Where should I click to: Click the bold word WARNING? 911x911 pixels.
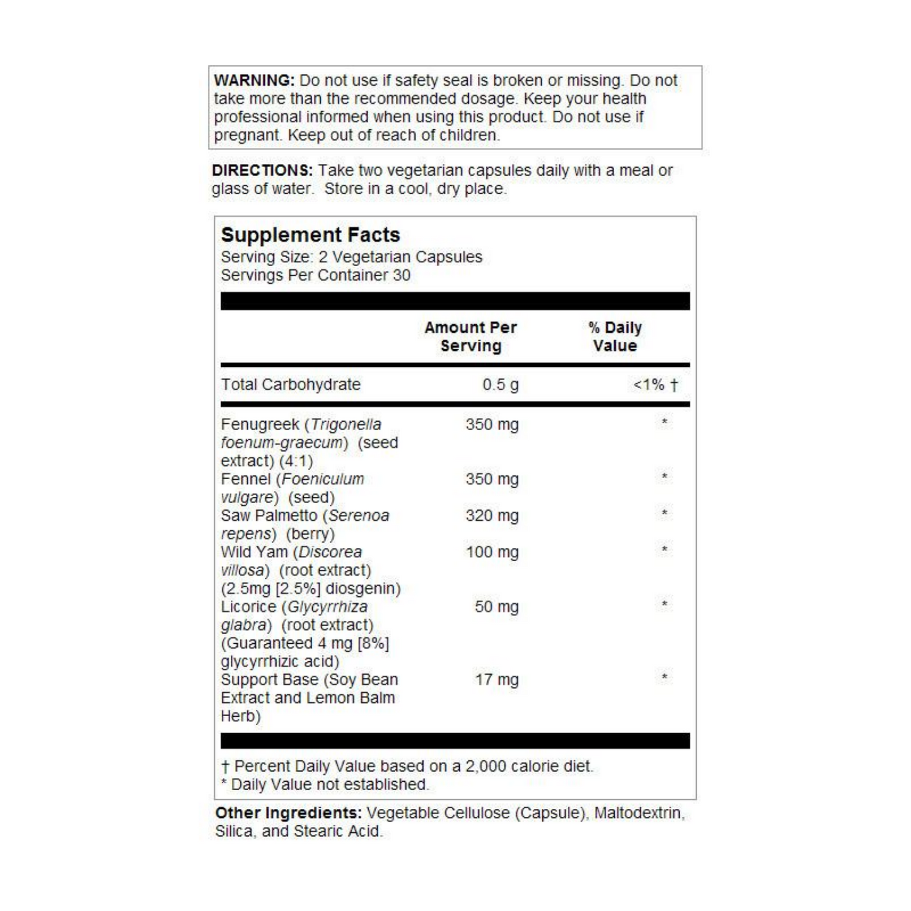254,81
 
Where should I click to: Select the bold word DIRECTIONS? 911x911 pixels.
262,170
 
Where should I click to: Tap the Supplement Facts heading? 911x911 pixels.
310,235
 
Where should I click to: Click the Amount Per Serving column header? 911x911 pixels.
470,337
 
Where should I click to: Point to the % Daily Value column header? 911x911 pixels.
615,337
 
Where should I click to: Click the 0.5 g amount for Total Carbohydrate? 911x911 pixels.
501,385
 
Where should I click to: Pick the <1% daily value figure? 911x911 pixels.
649,385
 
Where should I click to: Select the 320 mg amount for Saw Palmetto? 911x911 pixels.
492,516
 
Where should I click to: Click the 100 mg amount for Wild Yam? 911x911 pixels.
492,552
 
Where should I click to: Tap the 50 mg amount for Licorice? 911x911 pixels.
496,607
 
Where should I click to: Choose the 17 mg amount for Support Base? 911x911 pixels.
496,680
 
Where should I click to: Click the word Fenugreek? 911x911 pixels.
260,425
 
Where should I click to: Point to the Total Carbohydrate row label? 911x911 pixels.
291,385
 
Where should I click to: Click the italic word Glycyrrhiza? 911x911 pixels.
327,607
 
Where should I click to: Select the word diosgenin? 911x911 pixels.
363,589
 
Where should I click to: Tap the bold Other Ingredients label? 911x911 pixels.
288,813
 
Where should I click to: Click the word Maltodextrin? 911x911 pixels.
639,813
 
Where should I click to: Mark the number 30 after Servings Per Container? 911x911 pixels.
402,276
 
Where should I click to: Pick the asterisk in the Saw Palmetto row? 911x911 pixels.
664,513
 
